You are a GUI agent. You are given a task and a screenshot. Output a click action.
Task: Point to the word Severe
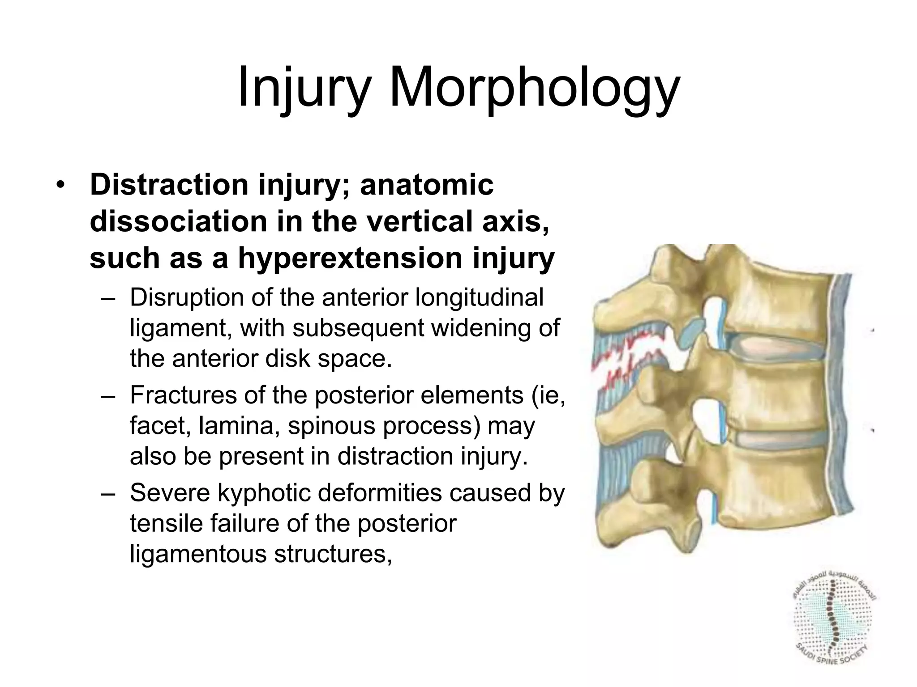[x=168, y=492]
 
